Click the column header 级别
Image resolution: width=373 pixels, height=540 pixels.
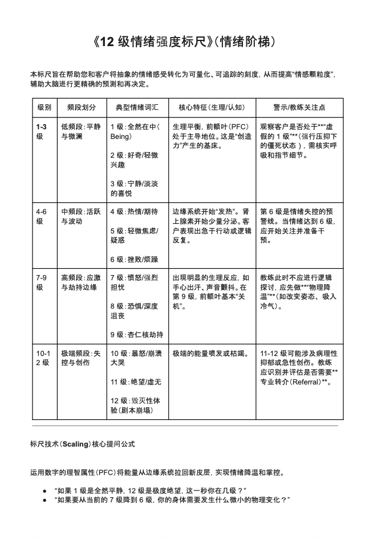pos(44,107)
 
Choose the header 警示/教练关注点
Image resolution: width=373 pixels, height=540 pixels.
pos(299,107)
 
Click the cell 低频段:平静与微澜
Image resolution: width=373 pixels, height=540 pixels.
pos(80,132)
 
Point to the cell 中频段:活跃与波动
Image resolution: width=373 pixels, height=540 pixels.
pos(80,216)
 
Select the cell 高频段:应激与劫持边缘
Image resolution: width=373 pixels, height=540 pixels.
pos(80,283)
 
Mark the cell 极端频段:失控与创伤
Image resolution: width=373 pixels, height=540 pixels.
pos(80,358)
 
